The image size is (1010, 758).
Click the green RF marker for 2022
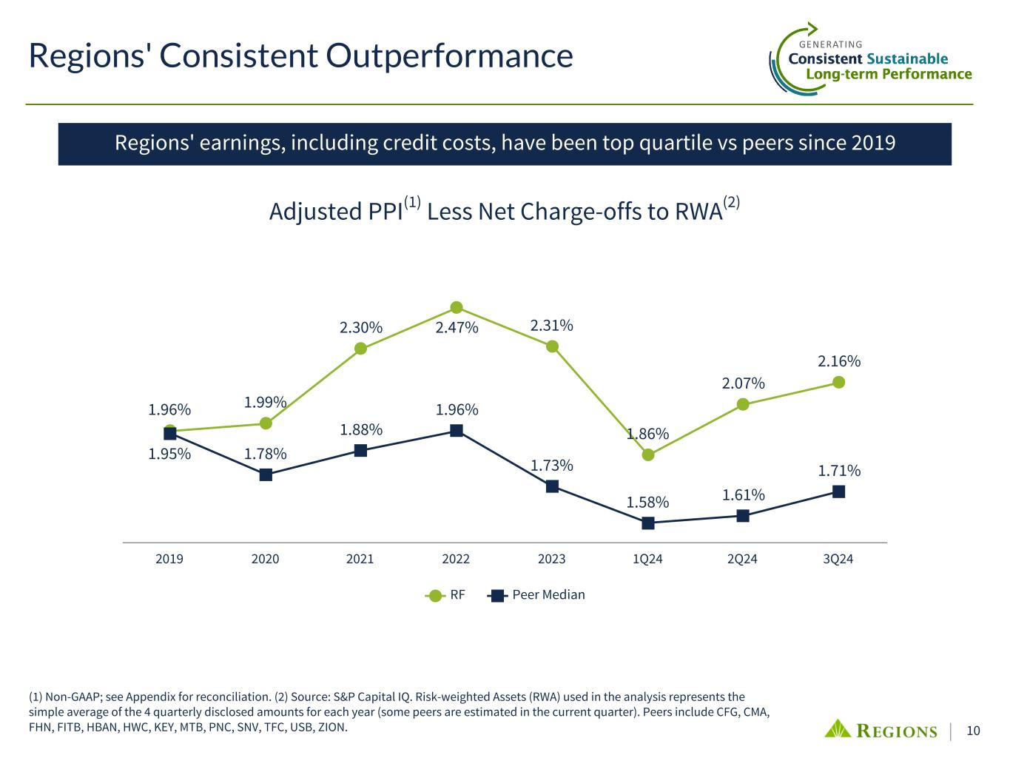coord(456,307)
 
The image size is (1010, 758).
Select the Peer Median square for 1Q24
coord(648,523)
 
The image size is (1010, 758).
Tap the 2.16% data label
coord(839,361)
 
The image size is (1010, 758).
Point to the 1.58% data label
coord(647,502)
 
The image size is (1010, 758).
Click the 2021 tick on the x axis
coord(360,559)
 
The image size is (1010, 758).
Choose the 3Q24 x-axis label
coord(838,559)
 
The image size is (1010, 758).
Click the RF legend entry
coord(445,595)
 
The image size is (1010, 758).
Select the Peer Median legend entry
coord(536,595)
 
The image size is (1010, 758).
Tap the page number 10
coord(973,731)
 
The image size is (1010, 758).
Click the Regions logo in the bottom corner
coord(881,730)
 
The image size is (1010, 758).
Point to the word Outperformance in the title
coord(449,56)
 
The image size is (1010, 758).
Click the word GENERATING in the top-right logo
coord(830,44)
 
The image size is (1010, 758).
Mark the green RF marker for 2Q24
coord(743,404)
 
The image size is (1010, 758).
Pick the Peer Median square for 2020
coord(266,474)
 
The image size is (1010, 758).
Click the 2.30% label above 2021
coord(361,328)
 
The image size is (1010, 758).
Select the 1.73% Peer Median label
coord(552,466)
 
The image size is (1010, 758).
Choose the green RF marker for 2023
coord(552,346)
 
